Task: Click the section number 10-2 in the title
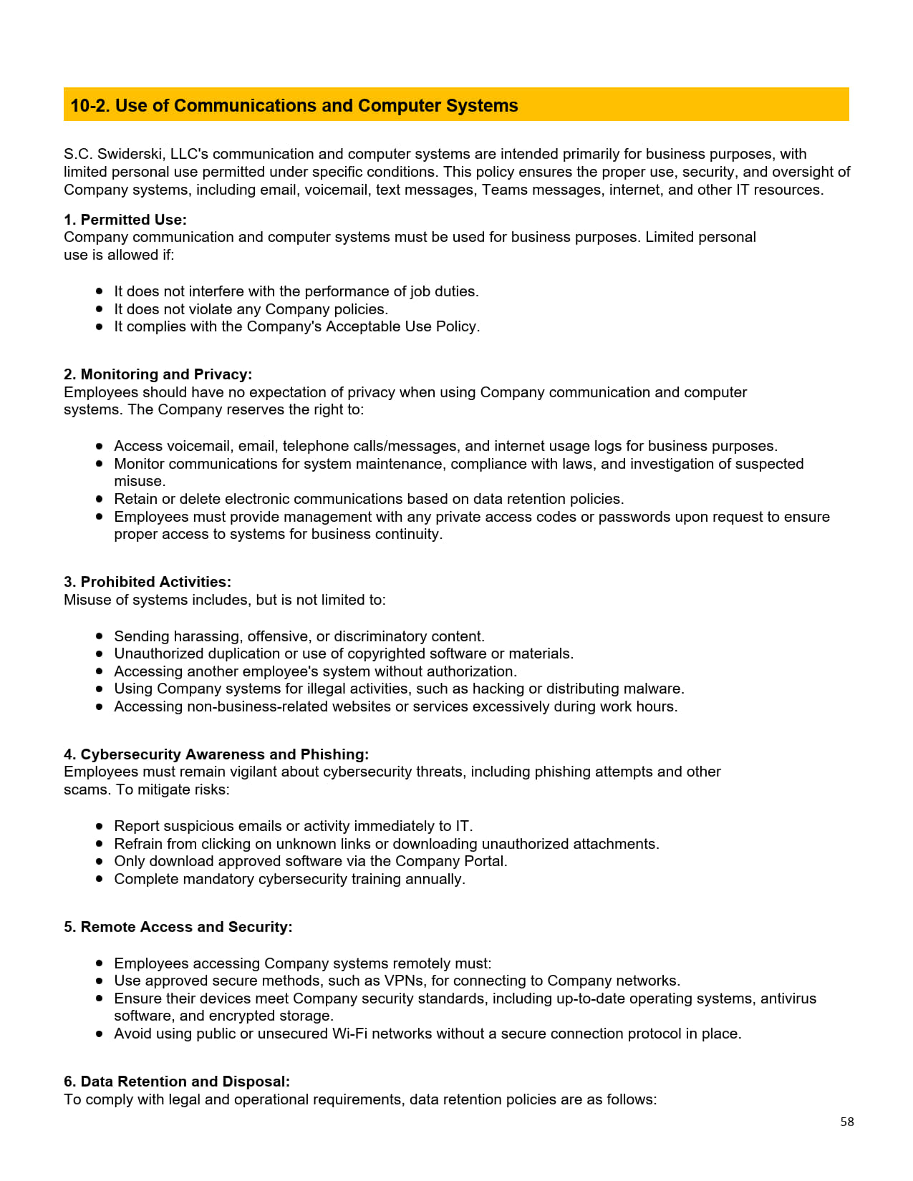click(90, 106)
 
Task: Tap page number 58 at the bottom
click(847, 1122)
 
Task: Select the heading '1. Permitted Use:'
click(125, 220)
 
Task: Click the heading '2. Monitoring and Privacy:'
click(158, 374)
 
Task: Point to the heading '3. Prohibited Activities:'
click(148, 582)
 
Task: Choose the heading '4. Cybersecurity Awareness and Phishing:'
click(216, 754)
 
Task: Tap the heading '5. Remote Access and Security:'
click(178, 927)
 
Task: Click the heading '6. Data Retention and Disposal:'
click(177, 1082)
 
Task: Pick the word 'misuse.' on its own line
click(140, 482)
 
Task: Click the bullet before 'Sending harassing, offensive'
click(100, 636)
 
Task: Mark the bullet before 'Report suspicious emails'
click(100, 826)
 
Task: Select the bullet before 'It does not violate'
click(100, 309)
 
